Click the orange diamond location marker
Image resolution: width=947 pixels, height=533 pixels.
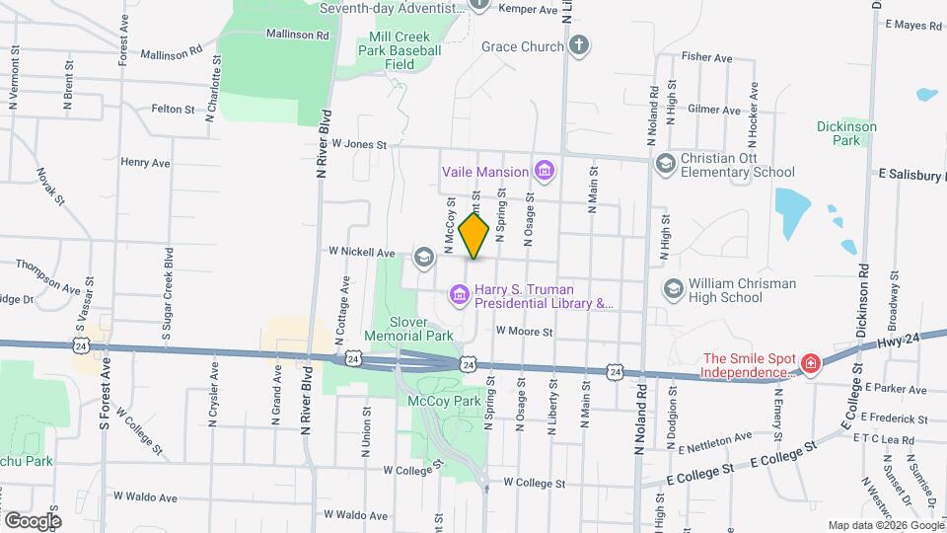pos(474,235)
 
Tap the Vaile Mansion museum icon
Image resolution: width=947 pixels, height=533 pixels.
pos(543,172)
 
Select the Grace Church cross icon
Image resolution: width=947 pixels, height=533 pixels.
pos(579,45)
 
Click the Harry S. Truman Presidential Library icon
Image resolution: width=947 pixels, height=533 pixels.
pos(459,294)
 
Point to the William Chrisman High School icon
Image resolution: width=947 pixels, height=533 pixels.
pos(674,288)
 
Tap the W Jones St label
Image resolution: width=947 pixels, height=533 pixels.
pos(359,144)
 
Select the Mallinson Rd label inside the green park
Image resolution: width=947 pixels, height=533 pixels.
pos(297,34)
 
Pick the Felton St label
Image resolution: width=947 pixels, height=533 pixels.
pos(173,109)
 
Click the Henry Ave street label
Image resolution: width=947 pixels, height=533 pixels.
pos(145,162)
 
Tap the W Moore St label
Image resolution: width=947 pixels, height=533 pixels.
pos(524,332)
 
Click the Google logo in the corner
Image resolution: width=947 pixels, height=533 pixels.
pos(33,520)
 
